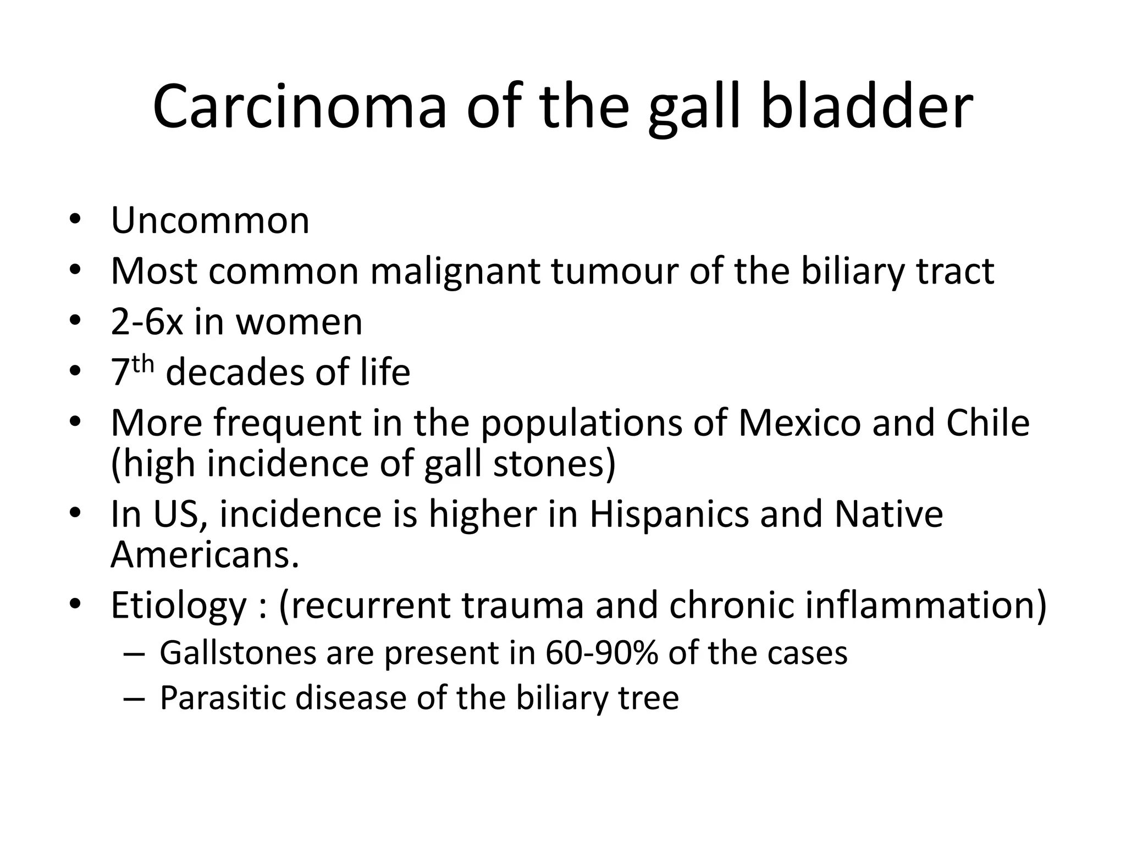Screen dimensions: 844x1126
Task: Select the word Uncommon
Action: point(210,221)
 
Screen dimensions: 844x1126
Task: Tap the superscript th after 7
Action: point(143,364)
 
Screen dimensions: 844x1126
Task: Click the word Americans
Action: point(205,555)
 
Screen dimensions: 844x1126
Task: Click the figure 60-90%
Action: point(602,653)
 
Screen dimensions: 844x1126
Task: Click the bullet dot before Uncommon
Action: point(75,221)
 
